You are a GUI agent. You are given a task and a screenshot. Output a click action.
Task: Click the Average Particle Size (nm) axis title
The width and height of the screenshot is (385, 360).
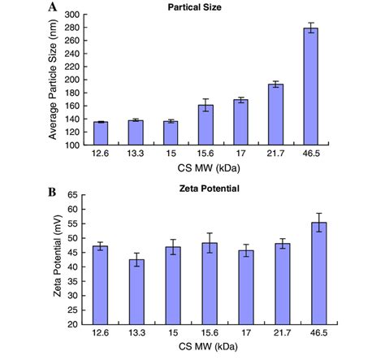53,80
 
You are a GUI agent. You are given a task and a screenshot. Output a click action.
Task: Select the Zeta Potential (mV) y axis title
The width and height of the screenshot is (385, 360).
58,259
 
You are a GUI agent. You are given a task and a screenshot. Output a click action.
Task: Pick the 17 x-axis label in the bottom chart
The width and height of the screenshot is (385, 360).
242,334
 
